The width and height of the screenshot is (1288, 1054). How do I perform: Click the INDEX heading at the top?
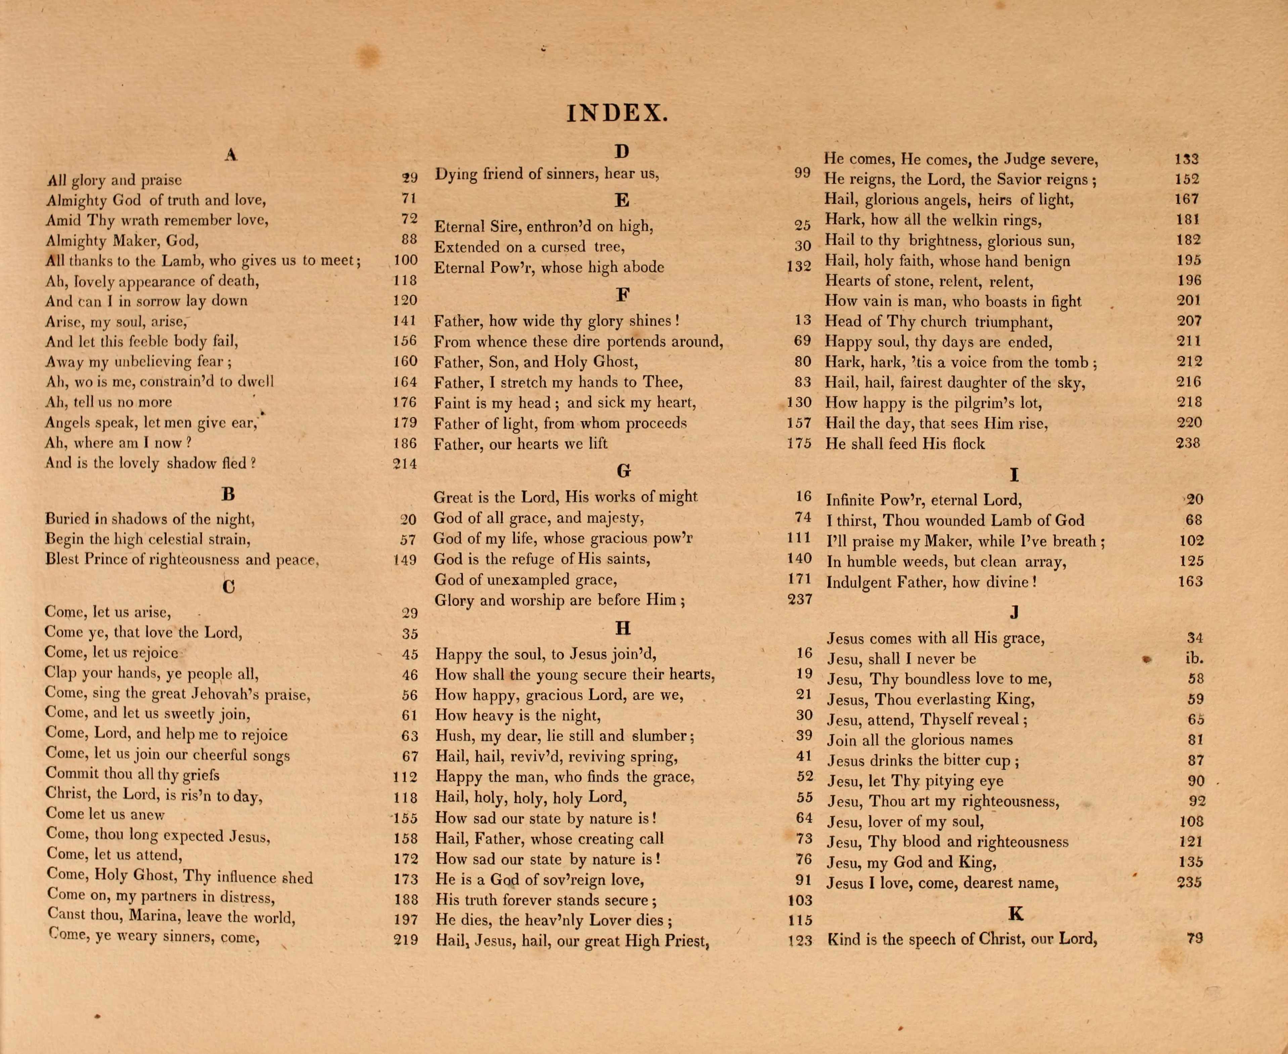click(x=617, y=114)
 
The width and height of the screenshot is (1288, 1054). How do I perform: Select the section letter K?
click(x=1016, y=914)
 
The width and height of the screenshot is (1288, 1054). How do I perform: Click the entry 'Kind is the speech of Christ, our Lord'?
click(x=962, y=939)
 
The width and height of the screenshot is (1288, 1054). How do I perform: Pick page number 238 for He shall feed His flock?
click(x=1188, y=443)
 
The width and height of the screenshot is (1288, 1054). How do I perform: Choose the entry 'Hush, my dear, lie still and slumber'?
click(x=565, y=736)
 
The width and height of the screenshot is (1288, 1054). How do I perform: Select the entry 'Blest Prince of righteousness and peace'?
click(x=182, y=559)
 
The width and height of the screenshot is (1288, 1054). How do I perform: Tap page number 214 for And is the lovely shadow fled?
click(x=405, y=464)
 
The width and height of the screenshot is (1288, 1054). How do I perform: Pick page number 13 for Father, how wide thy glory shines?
click(x=802, y=320)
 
